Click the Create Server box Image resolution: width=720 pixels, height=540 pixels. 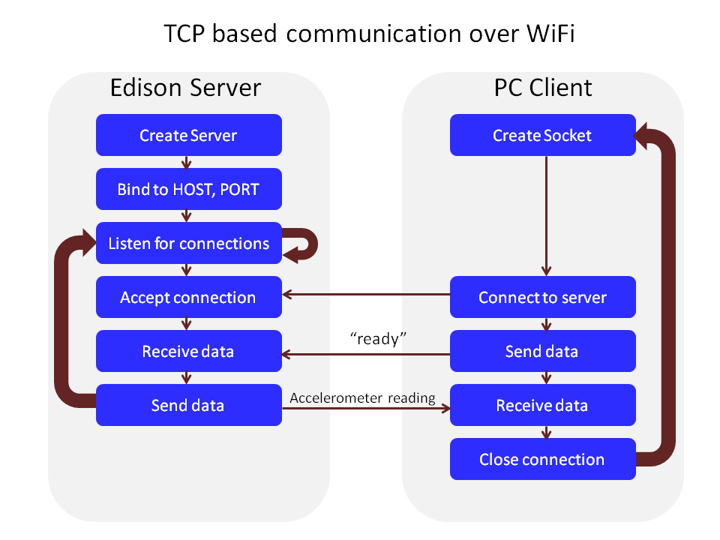[188, 135]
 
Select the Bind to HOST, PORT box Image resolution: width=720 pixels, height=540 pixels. [188, 189]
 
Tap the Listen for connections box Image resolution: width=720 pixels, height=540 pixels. [188, 243]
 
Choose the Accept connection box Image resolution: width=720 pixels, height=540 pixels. [188, 297]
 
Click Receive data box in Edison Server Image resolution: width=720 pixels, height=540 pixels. [188, 351]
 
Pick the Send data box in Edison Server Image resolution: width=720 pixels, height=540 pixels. [188, 405]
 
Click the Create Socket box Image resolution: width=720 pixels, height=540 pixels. [542, 135]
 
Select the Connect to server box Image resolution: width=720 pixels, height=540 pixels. [542, 297]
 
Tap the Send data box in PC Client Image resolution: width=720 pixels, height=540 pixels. [542, 351]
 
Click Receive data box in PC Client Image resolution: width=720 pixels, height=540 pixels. [542, 405]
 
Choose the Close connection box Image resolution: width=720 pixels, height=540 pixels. [542, 459]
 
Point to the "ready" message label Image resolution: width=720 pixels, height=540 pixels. [378, 339]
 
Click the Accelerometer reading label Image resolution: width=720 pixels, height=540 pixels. [363, 397]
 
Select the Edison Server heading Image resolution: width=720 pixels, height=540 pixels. [185, 88]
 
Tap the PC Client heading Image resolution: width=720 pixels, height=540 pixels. [542, 88]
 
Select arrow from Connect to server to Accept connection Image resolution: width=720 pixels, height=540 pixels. [366, 294]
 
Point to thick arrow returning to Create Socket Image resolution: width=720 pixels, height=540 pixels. [667, 300]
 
